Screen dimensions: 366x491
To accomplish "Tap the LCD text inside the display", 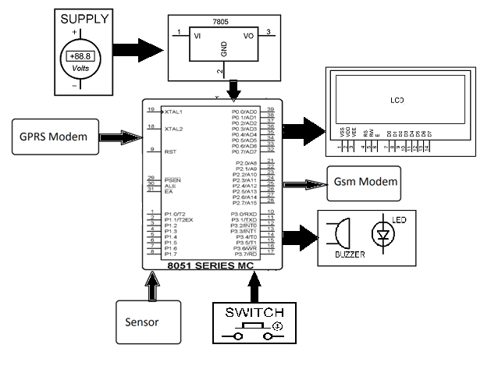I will point(397,101).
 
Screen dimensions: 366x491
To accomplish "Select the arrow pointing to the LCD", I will point(304,128).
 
